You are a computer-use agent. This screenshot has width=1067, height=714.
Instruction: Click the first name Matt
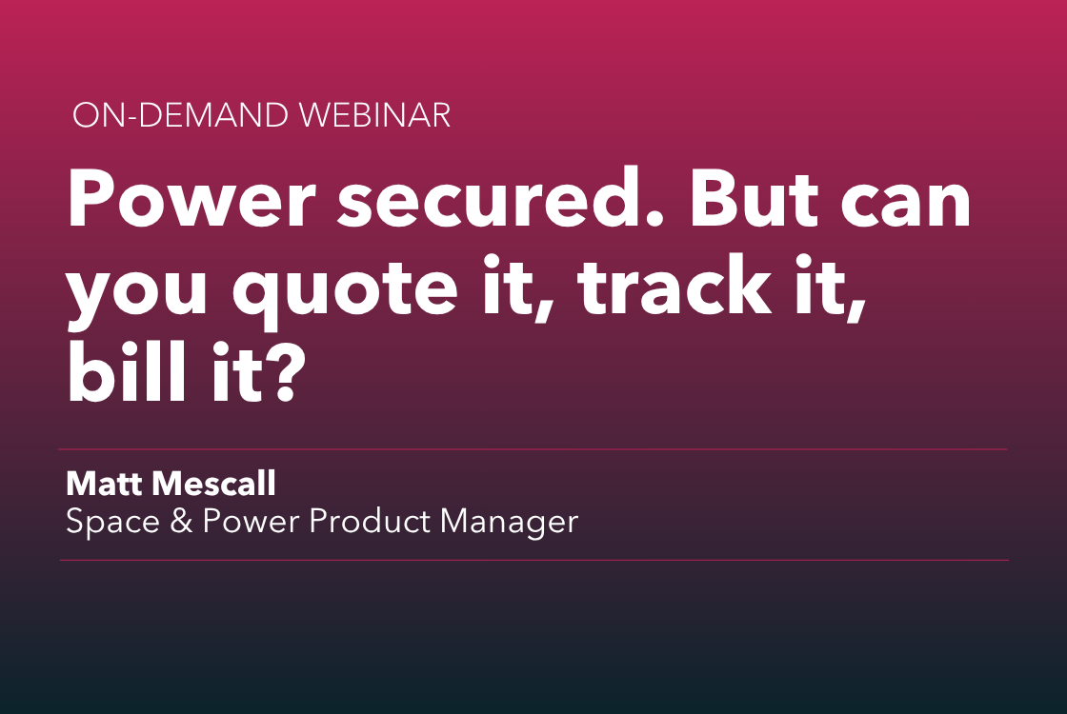103,484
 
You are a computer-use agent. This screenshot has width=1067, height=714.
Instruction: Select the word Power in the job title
250,521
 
